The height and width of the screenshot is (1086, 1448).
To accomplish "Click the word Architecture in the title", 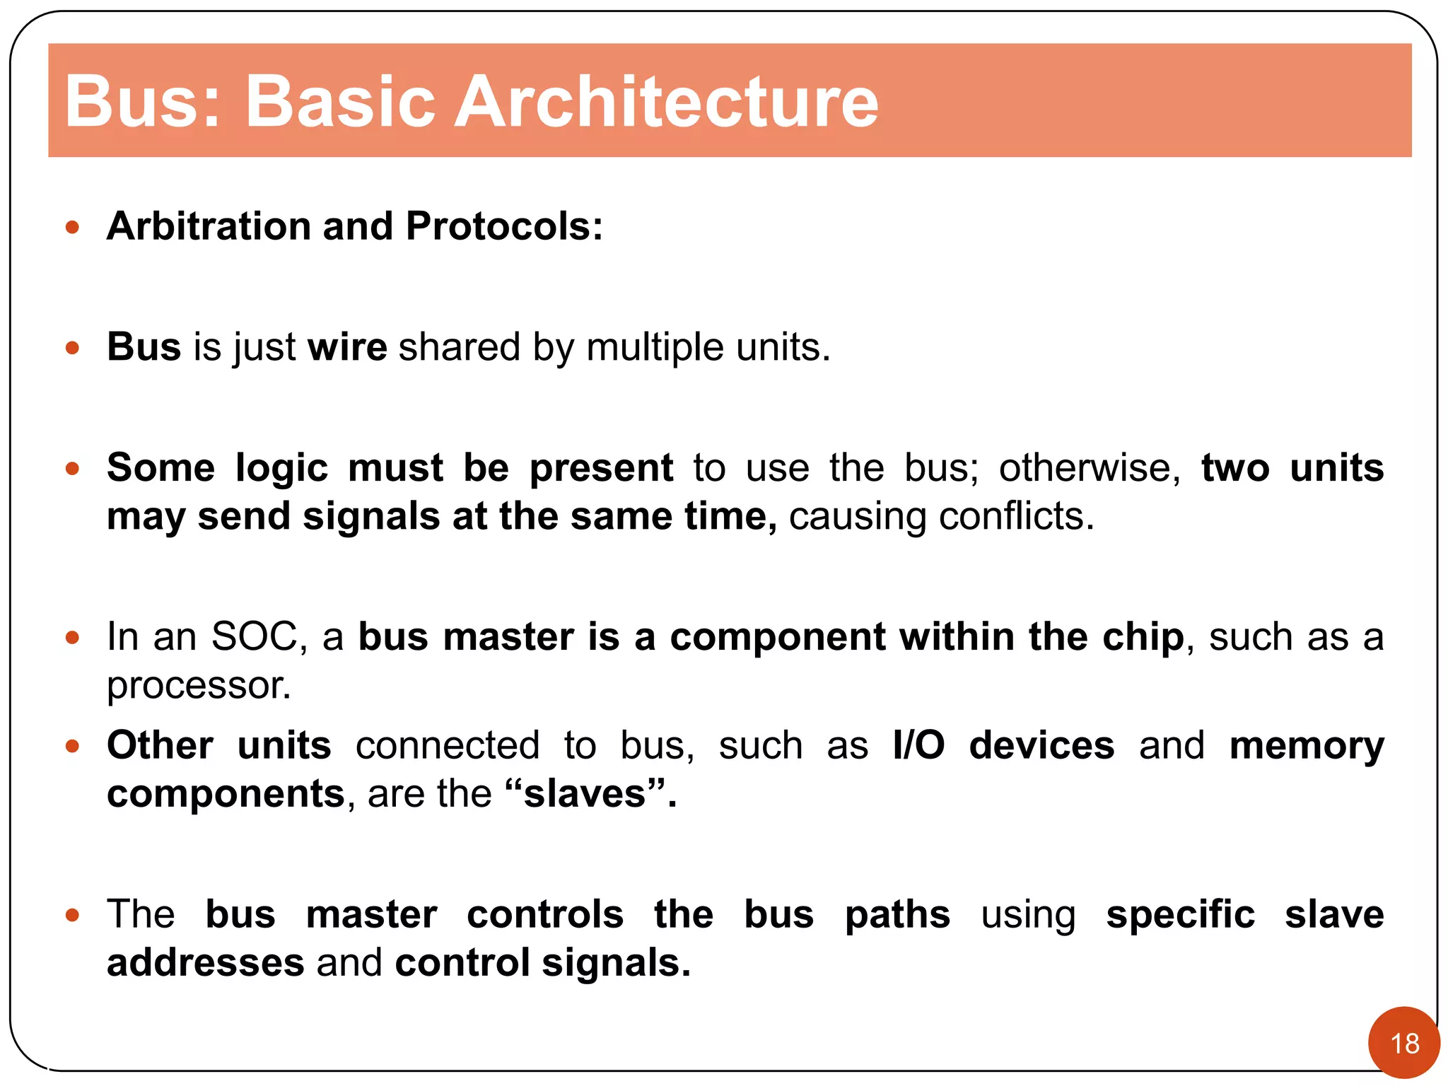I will pos(666,102).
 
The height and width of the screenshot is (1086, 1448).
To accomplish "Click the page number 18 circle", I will pos(1403,1043).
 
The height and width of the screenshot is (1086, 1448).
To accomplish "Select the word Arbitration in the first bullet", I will pos(209,226).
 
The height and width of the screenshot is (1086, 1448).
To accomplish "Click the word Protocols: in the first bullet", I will pos(504,226).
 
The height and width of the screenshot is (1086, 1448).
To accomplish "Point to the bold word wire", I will pos(347,347).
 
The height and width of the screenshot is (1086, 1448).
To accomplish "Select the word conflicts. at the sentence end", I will pos(1016,516).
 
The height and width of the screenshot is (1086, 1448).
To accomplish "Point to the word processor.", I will pos(199,686).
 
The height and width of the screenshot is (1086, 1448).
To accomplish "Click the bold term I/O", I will pos(918,745).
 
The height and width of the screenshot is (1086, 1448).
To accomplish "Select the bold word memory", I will pos(1306,747).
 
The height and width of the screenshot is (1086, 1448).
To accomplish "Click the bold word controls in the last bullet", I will pos(544,914).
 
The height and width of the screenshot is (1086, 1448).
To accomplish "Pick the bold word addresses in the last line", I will pos(205,963).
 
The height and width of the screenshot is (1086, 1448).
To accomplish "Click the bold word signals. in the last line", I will pos(616,963).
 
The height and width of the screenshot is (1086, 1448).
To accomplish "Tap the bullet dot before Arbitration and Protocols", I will pos(72,227).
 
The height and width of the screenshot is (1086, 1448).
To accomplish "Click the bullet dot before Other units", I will pos(72,746).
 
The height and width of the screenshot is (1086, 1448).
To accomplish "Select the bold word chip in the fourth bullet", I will pos(1143,637).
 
